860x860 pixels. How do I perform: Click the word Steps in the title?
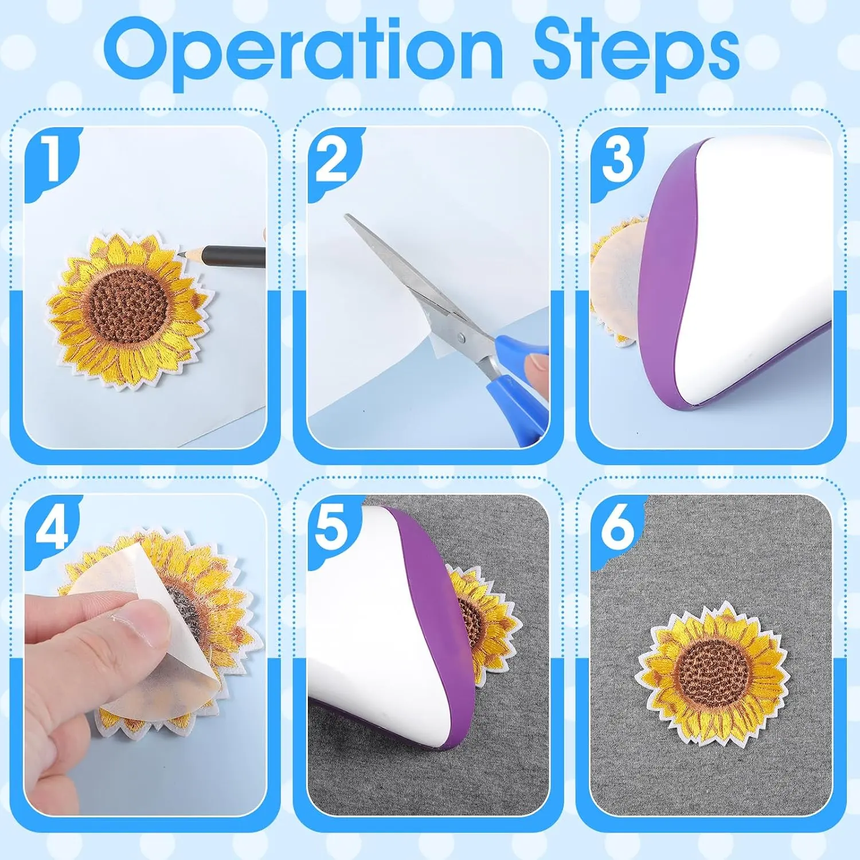coord(636,53)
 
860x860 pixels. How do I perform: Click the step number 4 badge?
coord(52,530)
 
